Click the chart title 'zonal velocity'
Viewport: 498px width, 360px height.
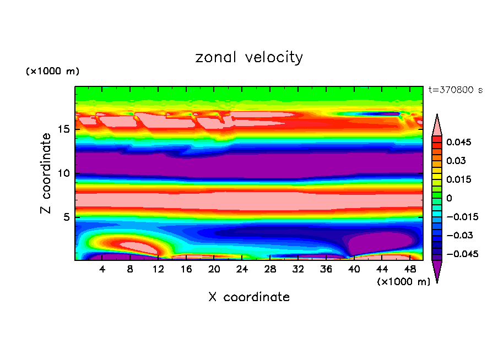tap(249, 57)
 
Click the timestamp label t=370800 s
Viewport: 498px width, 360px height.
tap(455, 90)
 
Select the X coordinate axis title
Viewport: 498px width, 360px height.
tap(249, 297)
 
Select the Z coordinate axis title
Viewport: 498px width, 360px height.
tap(46, 173)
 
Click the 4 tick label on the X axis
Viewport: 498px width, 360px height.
tap(102, 270)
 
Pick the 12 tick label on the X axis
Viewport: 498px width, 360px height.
tap(158, 270)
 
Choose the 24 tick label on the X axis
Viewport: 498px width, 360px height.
tap(242, 270)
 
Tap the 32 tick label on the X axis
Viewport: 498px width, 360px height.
tap(297, 270)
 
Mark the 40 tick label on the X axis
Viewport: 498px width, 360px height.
tap(354, 270)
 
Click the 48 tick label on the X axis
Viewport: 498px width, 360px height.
tap(409, 270)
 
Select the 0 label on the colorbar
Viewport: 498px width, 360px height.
tap(449, 198)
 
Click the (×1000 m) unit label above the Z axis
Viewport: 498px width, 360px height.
tap(53, 72)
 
